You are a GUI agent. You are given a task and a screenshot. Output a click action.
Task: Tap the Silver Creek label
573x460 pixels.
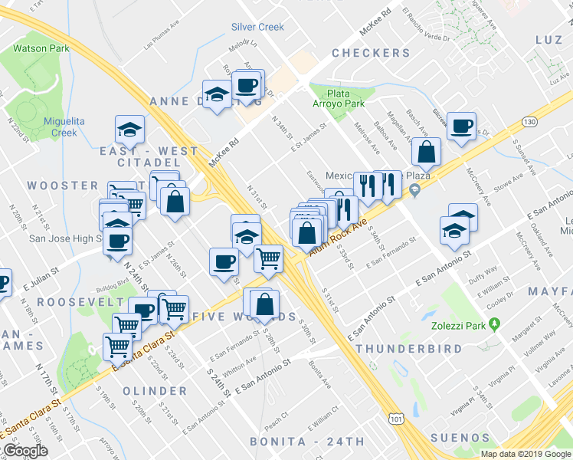(x=257, y=27)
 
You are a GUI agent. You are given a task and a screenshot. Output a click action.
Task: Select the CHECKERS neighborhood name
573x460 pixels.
(x=371, y=53)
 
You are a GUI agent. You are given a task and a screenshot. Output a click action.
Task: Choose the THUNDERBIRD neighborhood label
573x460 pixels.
(x=409, y=349)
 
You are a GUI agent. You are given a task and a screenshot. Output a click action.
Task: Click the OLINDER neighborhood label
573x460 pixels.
(x=154, y=391)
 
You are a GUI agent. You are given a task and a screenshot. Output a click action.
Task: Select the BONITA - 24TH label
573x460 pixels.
(x=309, y=442)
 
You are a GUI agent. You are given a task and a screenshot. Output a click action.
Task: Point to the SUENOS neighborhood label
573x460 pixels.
(x=460, y=439)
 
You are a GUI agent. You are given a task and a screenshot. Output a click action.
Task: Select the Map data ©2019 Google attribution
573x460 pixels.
(x=526, y=454)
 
